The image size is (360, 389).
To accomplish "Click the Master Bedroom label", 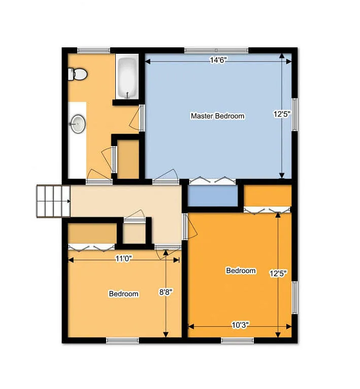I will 217,116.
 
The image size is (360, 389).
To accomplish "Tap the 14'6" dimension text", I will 218,60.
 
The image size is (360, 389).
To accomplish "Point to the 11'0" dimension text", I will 124,259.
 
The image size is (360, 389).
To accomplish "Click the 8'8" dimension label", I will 166,292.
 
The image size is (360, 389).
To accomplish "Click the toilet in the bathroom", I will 78,75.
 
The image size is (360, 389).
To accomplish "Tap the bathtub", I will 127,78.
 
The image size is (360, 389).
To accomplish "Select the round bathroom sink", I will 78,123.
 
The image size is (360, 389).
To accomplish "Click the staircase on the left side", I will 53,200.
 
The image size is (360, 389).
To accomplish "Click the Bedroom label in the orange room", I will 241,271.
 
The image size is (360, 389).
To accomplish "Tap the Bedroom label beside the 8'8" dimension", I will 123,294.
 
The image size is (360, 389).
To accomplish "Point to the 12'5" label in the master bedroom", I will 281,115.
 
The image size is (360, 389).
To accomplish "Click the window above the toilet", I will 93,50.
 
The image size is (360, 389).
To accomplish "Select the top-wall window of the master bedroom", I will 216,50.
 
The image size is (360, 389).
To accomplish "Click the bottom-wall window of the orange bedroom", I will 238,340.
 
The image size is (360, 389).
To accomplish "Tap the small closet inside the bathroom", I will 128,159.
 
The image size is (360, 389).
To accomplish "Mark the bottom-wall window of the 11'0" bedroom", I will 122,340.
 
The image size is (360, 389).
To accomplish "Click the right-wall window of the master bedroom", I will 294,115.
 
